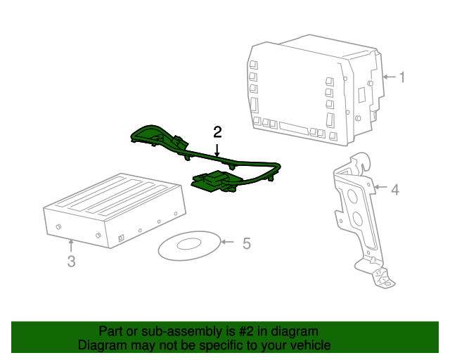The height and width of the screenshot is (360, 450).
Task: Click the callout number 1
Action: click(403, 77)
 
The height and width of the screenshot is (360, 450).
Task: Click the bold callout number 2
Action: click(217, 132)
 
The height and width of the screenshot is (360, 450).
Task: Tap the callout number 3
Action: click(71, 262)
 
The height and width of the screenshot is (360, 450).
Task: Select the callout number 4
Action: click(395, 190)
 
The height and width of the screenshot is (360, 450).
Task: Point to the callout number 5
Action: click(247, 243)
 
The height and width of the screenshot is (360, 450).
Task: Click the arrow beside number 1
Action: click(390, 77)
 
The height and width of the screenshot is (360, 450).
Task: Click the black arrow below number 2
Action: click(217, 150)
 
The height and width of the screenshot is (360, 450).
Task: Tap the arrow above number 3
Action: click(71, 246)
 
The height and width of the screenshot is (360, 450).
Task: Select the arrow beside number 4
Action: click(380, 187)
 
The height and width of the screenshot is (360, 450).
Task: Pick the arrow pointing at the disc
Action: click(227, 242)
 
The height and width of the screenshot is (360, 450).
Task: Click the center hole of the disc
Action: click(189, 244)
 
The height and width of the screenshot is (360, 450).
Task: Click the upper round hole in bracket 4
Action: click(352, 195)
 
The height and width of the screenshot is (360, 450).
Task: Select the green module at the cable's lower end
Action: click(213, 181)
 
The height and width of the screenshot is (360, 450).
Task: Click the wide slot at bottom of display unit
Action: click(294, 129)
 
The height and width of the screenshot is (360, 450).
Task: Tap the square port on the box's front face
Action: click(121, 238)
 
